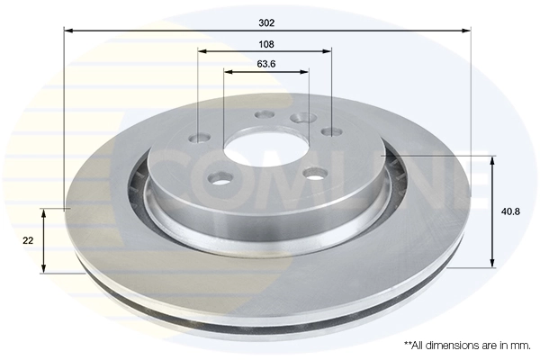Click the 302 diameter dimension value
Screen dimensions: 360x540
click(x=265, y=22)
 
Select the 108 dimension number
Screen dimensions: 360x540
click(x=265, y=43)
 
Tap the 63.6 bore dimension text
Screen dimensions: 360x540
click(x=265, y=64)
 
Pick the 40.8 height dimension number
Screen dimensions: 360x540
click(x=509, y=211)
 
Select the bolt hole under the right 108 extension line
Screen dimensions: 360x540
click(x=332, y=132)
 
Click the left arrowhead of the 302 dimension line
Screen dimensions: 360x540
click(x=68, y=30)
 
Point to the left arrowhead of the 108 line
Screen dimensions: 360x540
click(x=202, y=50)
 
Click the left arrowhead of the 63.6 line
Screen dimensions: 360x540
click(x=227, y=71)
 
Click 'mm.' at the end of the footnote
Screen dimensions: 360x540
click(x=518, y=345)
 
